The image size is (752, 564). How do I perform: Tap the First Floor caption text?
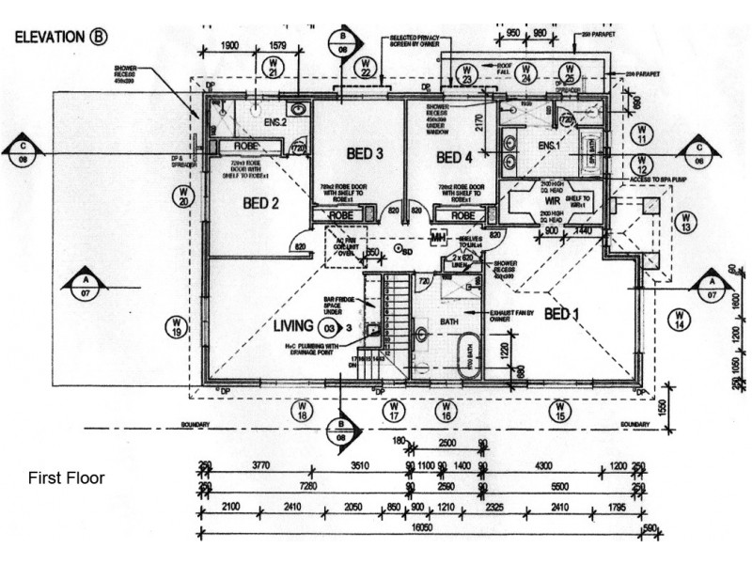pyautogui.click(x=67, y=478)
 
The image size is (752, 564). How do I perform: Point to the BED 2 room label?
pyautogui.click(x=263, y=202)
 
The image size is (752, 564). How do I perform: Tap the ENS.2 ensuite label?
pyautogui.click(x=274, y=123)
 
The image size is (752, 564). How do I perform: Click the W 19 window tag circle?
pyautogui.click(x=176, y=327)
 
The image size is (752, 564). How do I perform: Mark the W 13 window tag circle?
pyautogui.click(x=686, y=223)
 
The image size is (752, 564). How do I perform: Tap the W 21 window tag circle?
pyautogui.click(x=274, y=68)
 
